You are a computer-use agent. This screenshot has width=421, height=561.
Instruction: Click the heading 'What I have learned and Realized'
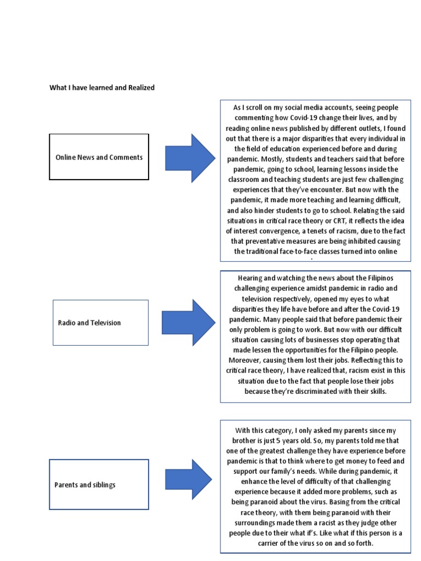click(x=102, y=88)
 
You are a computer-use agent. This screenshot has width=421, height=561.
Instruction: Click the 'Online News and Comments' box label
click(x=99, y=157)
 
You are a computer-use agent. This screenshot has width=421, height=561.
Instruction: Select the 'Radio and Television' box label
click(x=89, y=323)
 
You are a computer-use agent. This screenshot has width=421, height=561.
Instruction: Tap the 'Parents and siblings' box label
click(x=85, y=485)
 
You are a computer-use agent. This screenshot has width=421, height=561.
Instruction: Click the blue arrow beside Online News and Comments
click(x=190, y=157)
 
